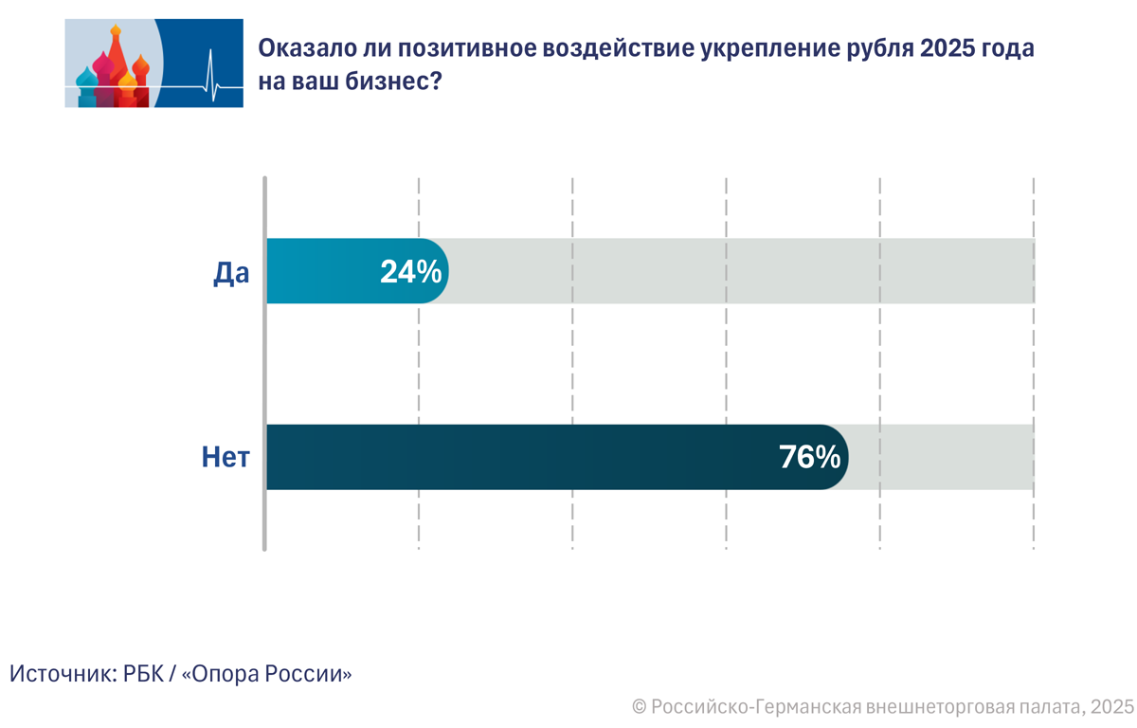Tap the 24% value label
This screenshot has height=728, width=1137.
point(410,272)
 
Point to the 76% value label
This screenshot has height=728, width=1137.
point(809,458)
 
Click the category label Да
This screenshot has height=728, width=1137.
point(230,273)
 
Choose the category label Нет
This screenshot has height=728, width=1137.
point(226,459)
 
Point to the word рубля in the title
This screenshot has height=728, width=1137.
point(875,49)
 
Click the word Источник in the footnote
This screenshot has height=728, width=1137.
point(62,674)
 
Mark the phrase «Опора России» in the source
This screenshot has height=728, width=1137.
point(266,674)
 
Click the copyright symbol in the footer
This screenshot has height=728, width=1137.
point(640,706)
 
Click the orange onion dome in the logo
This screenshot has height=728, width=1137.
point(140,68)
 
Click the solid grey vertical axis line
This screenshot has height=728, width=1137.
point(264,360)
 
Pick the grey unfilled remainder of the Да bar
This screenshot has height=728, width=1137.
point(739,271)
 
